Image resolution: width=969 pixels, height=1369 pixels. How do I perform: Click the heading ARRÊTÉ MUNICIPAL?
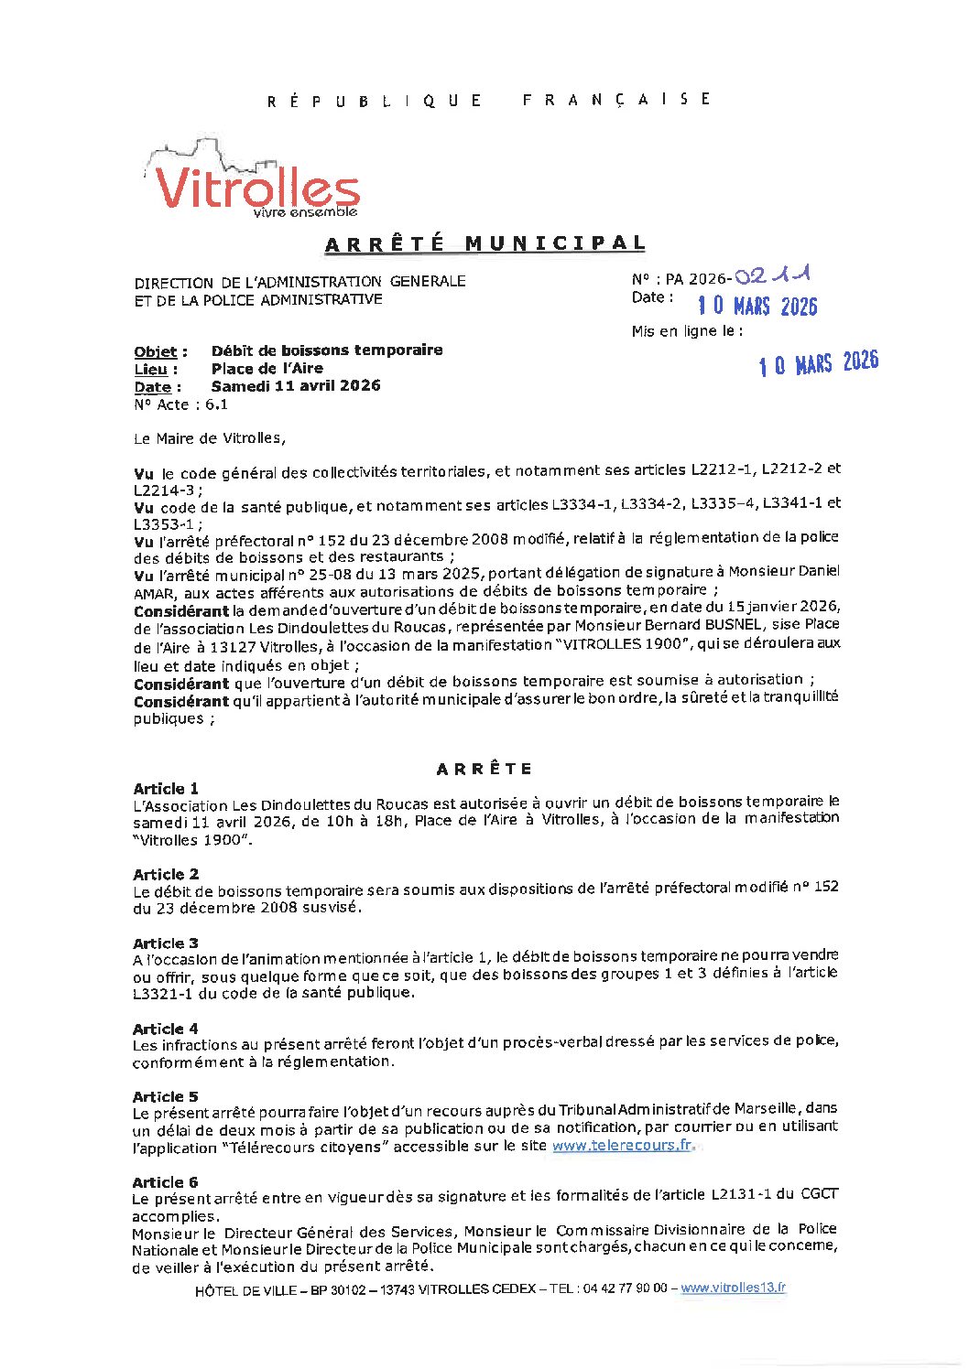pyautogui.click(x=485, y=243)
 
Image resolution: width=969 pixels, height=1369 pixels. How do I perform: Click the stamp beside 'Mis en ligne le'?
pyautogui.click(x=818, y=363)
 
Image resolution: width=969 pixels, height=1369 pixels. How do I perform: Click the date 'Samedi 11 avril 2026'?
pyautogui.click(x=296, y=386)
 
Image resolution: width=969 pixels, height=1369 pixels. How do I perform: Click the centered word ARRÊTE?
pyautogui.click(x=484, y=769)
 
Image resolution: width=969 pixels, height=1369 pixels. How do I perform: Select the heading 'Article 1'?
pyautogui.click(x=166, y=789)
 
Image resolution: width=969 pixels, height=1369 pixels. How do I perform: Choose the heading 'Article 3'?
pyautogui.click(x=166, y=943)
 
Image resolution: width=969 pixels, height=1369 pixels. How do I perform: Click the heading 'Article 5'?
pyautogui.click(x=166, y=1096)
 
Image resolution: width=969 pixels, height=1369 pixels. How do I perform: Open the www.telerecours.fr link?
pyautogui.click(x=622, y=1146)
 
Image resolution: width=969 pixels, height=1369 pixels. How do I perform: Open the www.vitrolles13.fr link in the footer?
pyautogui.click(x=733, y=1288)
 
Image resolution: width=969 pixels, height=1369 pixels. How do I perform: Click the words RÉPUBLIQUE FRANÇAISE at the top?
pyautogui.click(x=488, y=100)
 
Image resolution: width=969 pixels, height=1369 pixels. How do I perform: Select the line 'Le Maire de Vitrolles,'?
pyautogui.click(x=210, y=438)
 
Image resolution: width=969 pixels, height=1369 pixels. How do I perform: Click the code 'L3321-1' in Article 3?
pyautogui.click(x=162, y=993)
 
